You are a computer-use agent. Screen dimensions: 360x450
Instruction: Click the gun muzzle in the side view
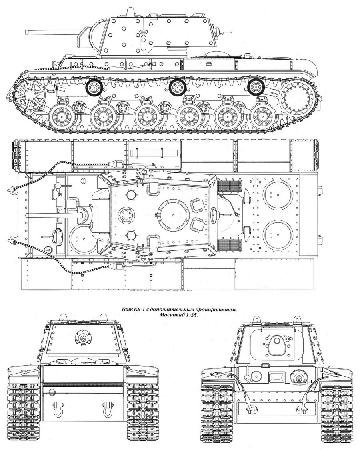pyautogui.click(x=27, y=32)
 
